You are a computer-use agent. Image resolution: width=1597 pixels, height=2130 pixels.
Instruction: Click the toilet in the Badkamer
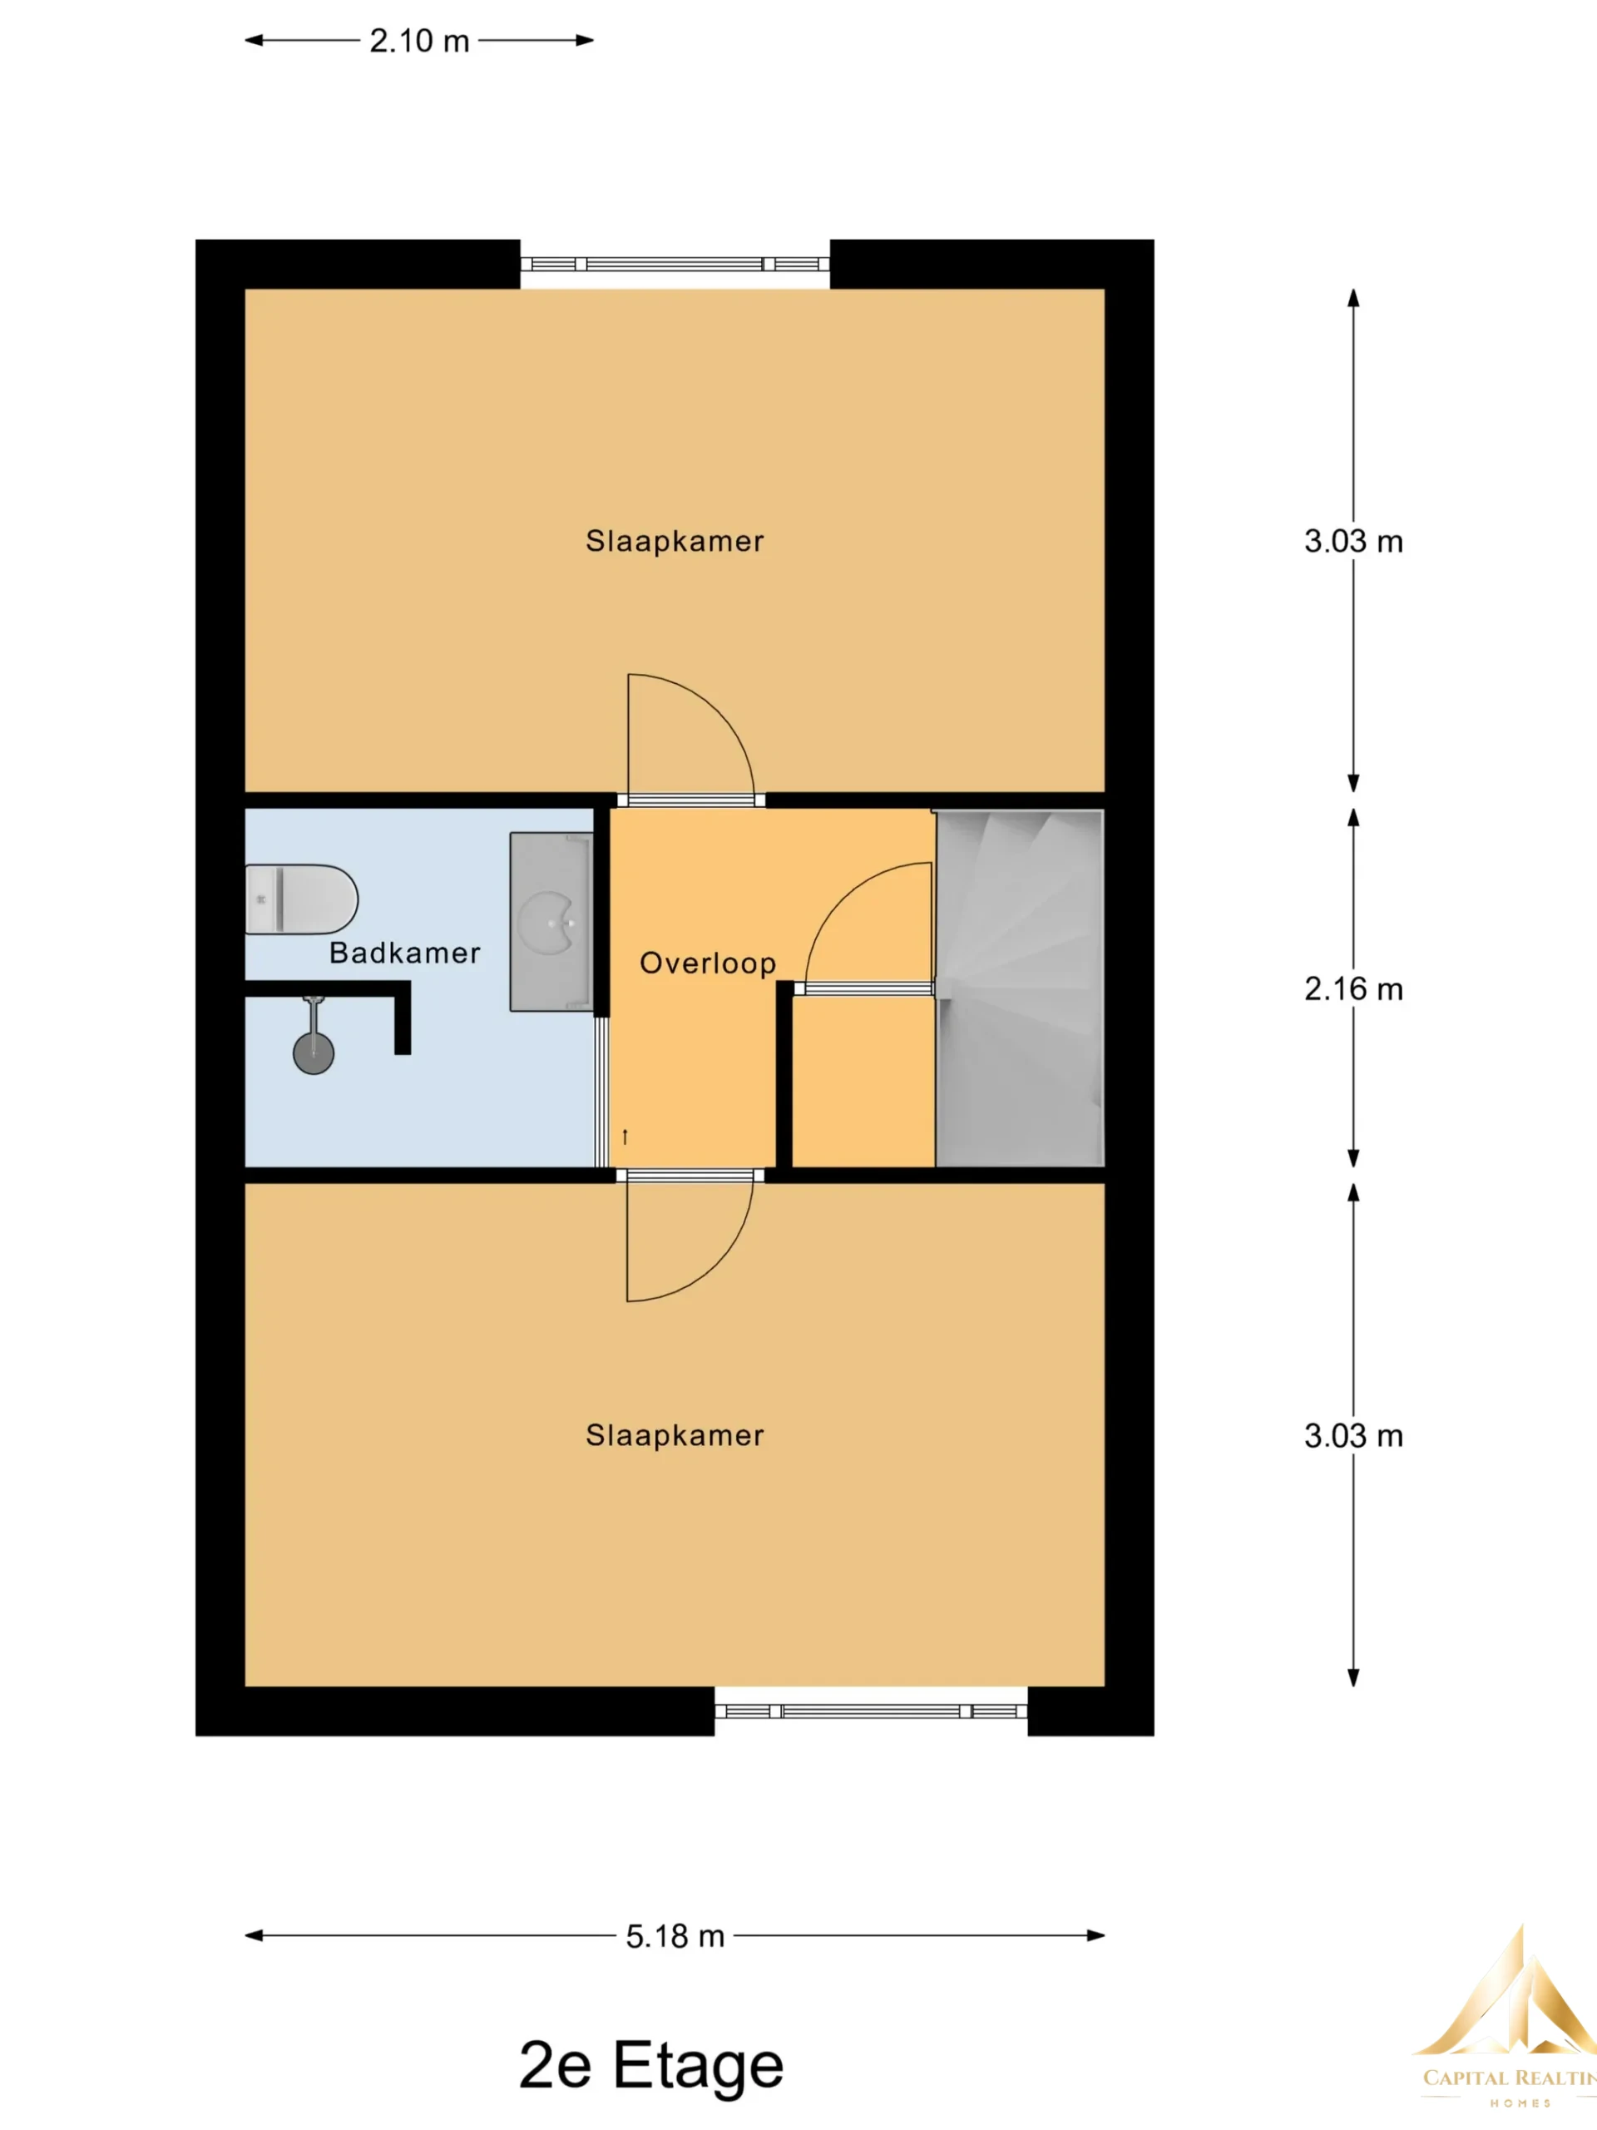click(x=301, y=899)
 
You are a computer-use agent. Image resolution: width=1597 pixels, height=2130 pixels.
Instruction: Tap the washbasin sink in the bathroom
click(x=551, y=922)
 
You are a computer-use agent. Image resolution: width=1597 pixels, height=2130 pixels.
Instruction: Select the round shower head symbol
click(x=314, y=1053)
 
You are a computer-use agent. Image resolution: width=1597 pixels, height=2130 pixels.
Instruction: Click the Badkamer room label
click(x=404, y=953)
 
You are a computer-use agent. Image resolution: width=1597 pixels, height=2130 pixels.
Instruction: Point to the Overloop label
click(x=708, y=963)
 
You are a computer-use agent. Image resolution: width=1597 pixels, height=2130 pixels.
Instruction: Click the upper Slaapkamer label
click(x=675, y=541)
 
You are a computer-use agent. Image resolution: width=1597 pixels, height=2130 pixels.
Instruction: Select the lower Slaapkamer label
click(x=675, y=1434)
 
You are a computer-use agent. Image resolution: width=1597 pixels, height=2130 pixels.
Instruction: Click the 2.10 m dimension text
click(x=420, y=41)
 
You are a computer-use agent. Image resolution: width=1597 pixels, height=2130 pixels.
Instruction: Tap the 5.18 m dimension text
click(x=675, y=1935)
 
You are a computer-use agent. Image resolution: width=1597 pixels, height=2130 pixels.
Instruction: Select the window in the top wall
click(x=675, y=264)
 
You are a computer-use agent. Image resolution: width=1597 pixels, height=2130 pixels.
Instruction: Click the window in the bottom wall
click(x=871, y=1711)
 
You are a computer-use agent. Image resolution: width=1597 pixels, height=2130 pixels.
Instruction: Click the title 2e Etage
click(x=650, y=2065)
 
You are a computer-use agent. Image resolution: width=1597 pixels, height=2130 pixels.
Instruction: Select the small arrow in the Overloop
click(x=625, y=1137)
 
